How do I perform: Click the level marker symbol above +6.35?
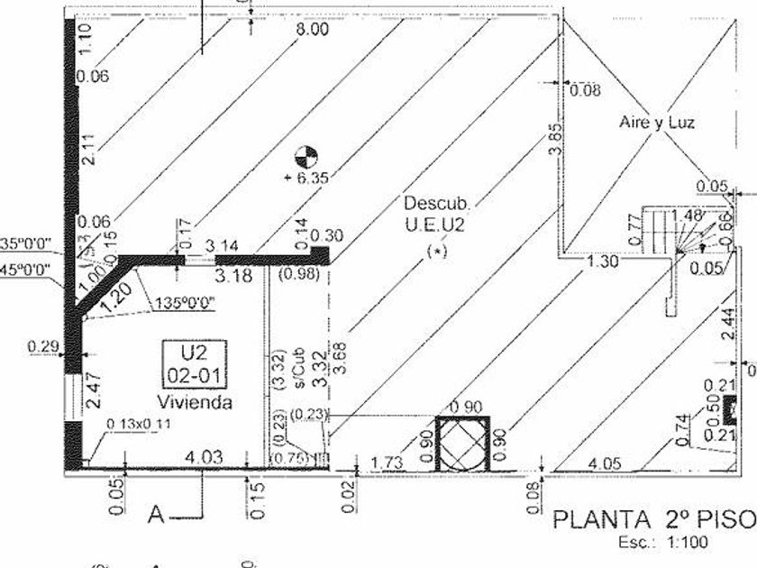[x=307, y=155]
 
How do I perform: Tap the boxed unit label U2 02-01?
[x=195, y=362]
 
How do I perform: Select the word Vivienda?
[x=195, y=402]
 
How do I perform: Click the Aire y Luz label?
[x=657, y=122]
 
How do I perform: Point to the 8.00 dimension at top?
[x=312, y=29]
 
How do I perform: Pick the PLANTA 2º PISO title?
[x=652, y=520]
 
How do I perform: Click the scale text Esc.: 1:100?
[x=663, y=543]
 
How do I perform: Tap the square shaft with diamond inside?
[x=463, y=444]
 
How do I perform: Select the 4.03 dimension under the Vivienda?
[x=203, y=457]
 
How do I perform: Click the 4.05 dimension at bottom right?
[x=603, y=463]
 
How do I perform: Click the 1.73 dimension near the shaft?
[x=387, y=463]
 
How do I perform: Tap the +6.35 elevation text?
[x=306, y=178]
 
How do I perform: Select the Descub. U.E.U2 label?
[x=433, y=215]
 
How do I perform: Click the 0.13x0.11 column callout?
[x=140, y=424]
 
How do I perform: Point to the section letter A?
[x=157, y=516]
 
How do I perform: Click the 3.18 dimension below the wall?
[x=236, y=275]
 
